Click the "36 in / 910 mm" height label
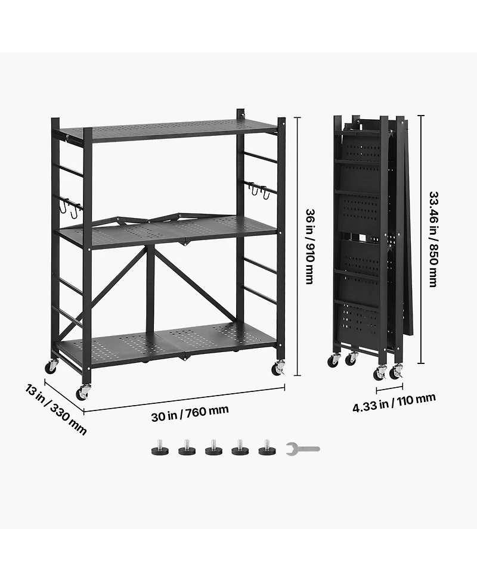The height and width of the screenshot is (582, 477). [x=309, y=246]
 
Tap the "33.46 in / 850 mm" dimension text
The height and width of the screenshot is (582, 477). [x=433, y=239]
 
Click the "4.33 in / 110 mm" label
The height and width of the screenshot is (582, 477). [x=394, y=403]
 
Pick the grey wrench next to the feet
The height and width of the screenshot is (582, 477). [x=302, y=449]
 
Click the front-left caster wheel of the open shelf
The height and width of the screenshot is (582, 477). [x=82, y=393]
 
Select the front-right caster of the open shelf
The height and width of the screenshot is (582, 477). [x=278, y=369]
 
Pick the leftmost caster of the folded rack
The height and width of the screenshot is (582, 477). [x=333, y=360]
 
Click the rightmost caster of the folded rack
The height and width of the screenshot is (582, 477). [x=395, y=372]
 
